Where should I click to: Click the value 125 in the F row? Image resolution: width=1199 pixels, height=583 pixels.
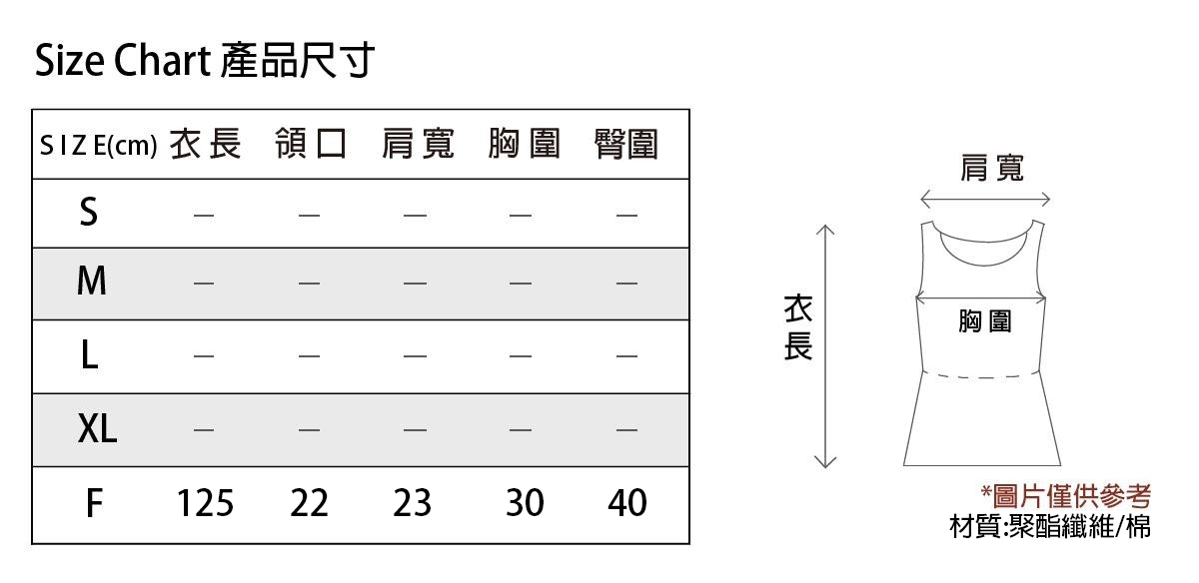tap(205, 503)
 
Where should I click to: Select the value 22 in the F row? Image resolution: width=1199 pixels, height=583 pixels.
tap(309, 503)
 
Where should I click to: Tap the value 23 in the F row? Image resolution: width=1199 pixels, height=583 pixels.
tap(412, 503)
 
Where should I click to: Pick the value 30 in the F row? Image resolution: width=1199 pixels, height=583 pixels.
tap(525, 503)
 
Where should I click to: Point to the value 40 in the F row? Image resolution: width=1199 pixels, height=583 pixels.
tap(627, 503)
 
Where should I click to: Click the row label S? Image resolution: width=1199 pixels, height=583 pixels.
tap(89, 212)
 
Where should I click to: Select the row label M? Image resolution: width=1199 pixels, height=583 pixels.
tap(92, 281)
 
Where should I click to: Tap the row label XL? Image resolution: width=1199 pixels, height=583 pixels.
tap(97, 428)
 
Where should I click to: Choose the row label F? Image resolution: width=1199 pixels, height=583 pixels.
tap(94, 503)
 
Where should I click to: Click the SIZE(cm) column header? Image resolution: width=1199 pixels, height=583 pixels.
tap(99, 146)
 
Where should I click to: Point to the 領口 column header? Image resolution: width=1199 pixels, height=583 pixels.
tap(311, 144)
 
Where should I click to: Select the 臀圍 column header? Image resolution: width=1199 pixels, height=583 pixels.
tap(626, 144)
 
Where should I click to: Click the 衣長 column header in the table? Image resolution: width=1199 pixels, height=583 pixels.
tap(206, 144)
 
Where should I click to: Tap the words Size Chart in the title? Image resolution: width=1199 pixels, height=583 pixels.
tap(123, 60)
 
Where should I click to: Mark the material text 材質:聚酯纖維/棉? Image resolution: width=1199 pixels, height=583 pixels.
tap(1050, 526)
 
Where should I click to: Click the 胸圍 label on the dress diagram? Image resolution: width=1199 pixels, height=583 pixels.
tap(985, 321)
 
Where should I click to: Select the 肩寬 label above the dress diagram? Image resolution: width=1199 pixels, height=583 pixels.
tap(992, 168)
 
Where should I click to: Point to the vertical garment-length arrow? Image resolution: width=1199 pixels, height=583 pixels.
tap(825, 346)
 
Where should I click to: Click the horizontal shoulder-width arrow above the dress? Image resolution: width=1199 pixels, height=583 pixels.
tap(985, 200)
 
